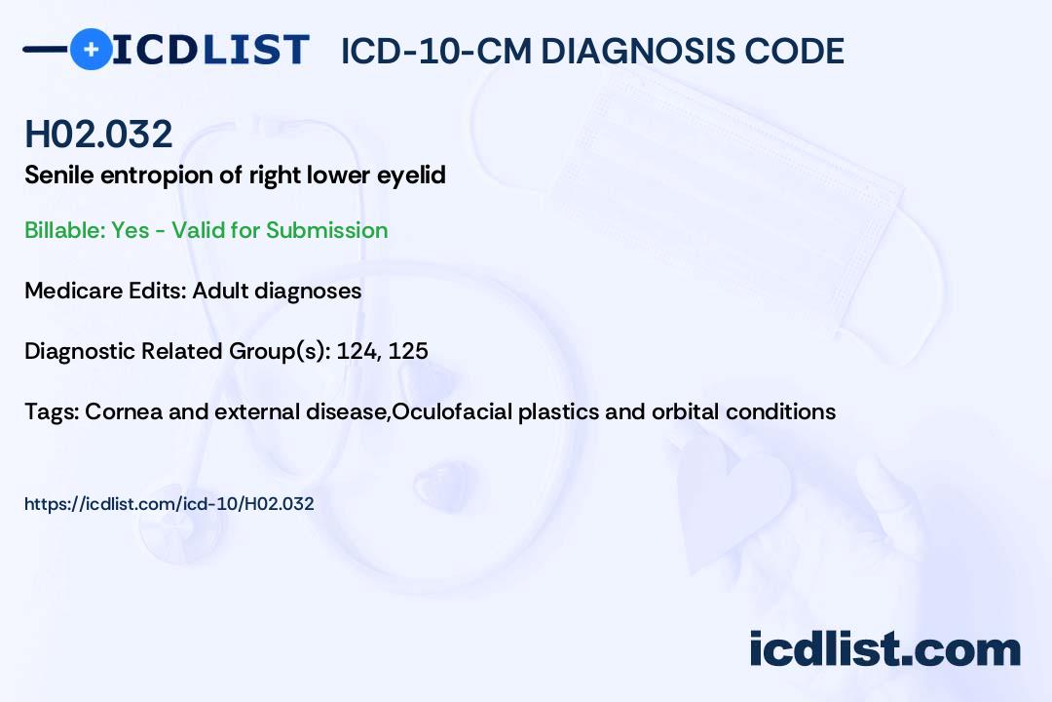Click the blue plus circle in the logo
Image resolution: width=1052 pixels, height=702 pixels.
pos(91,49)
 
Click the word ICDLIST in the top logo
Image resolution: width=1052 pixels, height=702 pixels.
pos(210,50)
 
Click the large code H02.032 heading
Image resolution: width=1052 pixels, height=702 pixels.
pos(98,134)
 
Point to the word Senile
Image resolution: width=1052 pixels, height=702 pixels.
pos(59,175)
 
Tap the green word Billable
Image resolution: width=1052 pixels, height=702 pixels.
pos(63,230)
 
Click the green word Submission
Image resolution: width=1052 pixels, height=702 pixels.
pos(326,230)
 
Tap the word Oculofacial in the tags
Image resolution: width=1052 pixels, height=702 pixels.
pos(452,411)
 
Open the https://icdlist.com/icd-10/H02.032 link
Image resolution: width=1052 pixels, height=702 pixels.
pos(169,504)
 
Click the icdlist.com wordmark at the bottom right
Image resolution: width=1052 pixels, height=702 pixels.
pos(884,649)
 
